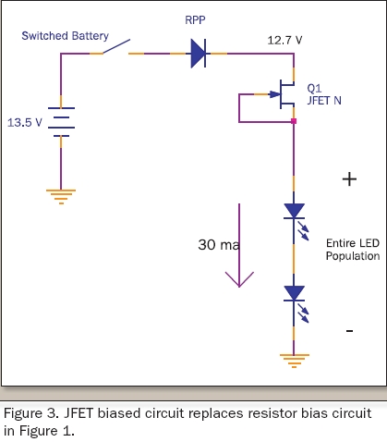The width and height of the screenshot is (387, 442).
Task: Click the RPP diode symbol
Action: [199, 54]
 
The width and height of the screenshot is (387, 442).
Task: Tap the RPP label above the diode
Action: [195, 20]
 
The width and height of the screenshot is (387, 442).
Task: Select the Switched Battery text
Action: [65, 36]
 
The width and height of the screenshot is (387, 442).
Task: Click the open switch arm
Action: [116, 46]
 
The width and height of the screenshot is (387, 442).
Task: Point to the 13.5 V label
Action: [25, 123]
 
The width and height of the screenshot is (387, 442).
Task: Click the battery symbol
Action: [61, 122]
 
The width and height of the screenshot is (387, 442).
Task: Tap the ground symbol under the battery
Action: [61, 197]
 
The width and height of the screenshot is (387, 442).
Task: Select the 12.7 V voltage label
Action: [284, 41]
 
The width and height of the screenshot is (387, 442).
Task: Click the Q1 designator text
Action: [314, 89]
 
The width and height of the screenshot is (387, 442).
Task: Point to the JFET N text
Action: [324, 101]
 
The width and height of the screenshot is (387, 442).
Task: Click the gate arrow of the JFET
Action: [275, 94]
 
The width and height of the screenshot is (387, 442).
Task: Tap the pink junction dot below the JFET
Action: [294, 121]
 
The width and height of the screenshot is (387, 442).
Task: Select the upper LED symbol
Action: [296, 219]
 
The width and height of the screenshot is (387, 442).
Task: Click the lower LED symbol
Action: [296, 302]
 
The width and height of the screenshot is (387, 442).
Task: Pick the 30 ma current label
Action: [219, 245]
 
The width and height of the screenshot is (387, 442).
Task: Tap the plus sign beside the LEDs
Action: [349, 179]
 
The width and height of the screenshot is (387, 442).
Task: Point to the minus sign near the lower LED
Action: [349, 331]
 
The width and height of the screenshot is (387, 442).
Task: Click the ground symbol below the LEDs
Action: [295, 361]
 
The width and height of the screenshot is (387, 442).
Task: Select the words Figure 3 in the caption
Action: [31, 413]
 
